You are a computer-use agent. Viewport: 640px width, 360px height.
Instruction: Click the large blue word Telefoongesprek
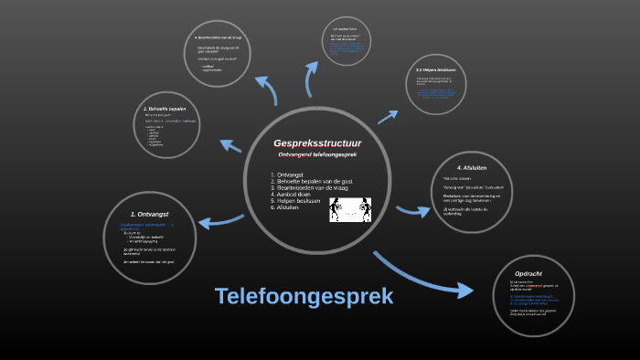coord(304,297)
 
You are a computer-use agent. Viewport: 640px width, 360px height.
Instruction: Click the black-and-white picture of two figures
coord(351,210)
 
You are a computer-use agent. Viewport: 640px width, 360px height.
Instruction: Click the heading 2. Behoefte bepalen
coord(165,108)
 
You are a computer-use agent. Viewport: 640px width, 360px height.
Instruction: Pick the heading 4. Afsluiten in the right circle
coord(470,168)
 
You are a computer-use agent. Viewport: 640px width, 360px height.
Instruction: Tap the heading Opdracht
coord(530,274)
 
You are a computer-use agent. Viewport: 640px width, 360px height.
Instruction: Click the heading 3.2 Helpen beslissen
coord(436,69)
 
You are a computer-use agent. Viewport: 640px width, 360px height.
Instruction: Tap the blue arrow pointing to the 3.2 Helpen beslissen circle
coord(388,117)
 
